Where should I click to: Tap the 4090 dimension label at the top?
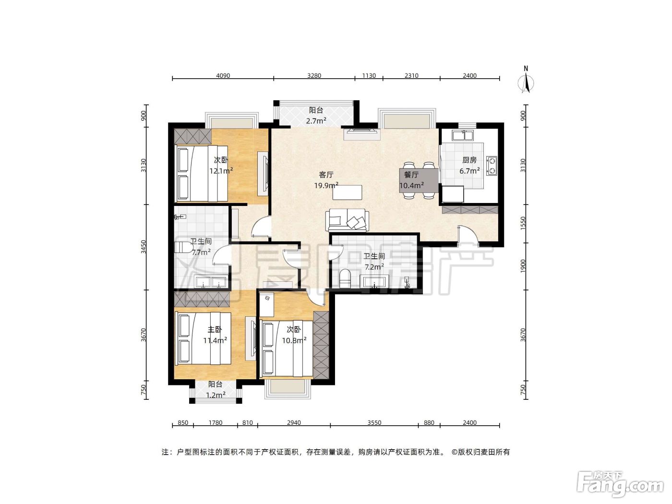point(223,75)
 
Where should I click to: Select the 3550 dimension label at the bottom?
point(374,422)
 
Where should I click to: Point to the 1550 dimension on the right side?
point(523,224)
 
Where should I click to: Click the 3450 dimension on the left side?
point(144,247)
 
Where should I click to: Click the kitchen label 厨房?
point(469,160)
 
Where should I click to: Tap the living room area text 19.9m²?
point(326,185)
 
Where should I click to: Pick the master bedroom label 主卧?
point(215,330)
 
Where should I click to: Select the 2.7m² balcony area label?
point(316,121)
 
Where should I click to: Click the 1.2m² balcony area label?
point(216,395)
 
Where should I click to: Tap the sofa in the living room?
point(347,220)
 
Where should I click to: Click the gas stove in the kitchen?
point(492,166)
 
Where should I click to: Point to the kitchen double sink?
point(463,135)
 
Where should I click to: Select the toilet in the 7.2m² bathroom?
point(345,278)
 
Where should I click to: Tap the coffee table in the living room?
point(348,192)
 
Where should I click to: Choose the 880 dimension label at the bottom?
point(429,422)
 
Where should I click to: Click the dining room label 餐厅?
point(411,175)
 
